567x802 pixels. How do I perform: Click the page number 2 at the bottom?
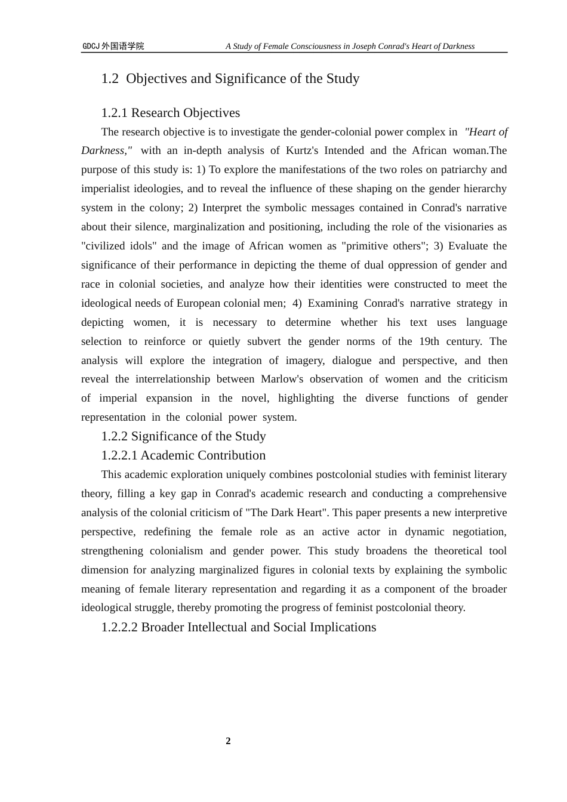click(x=228, y=741)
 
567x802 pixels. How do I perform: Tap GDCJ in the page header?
click(x=91, y=47)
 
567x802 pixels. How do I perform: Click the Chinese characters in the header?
click(x=123, y=47)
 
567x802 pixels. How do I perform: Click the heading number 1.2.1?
click(x=114, y=113)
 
